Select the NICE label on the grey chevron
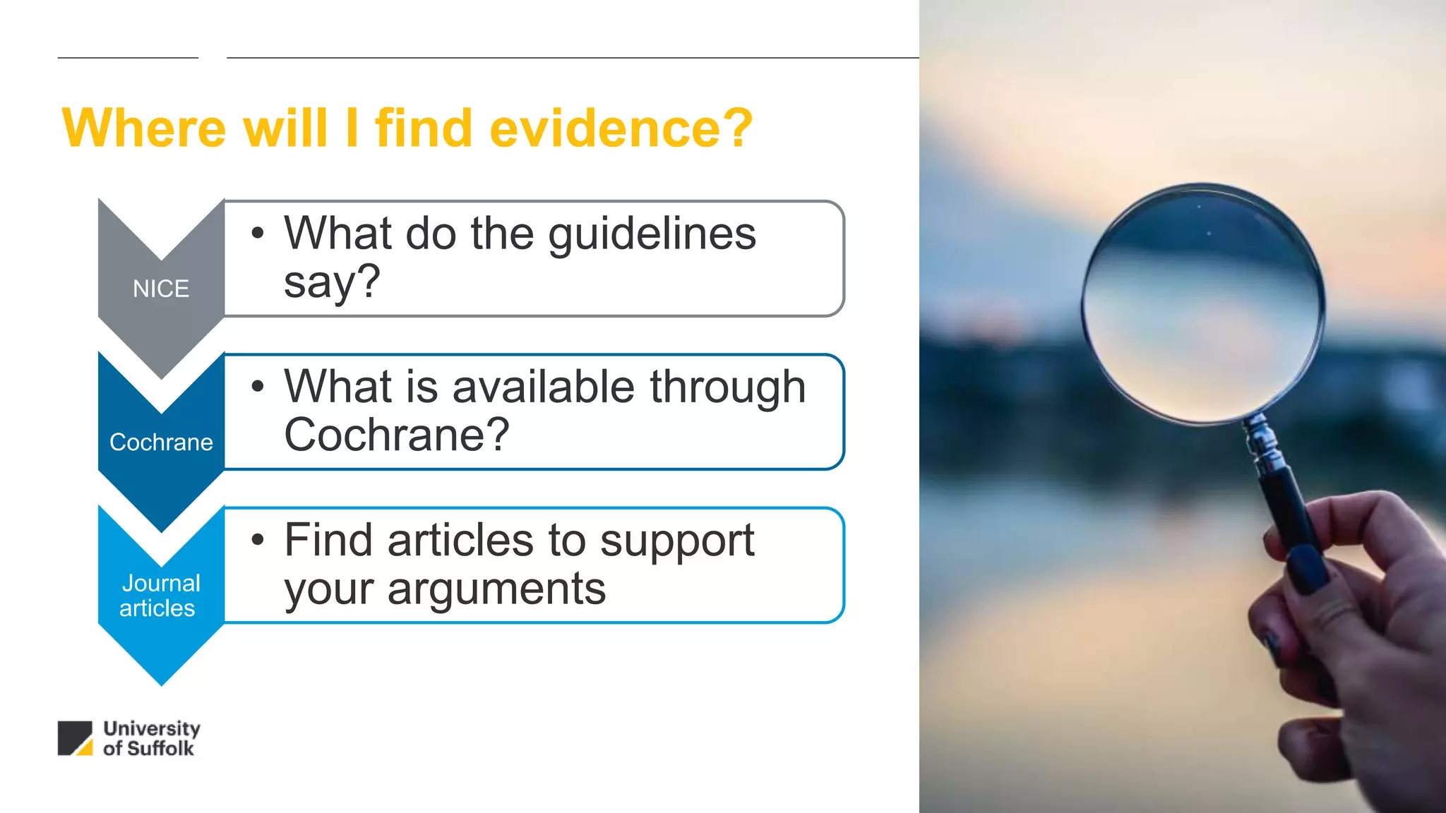point(161,289)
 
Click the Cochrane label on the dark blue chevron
point(161,442)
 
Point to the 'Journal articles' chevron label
point(160,596)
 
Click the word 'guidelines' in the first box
point(652,234)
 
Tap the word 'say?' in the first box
point(332,282)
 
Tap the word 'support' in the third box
point(676,542)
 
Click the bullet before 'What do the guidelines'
point(258,233)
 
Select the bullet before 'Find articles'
point(258,540)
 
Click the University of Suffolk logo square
point(75,738)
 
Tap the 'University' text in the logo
point(152,728)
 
